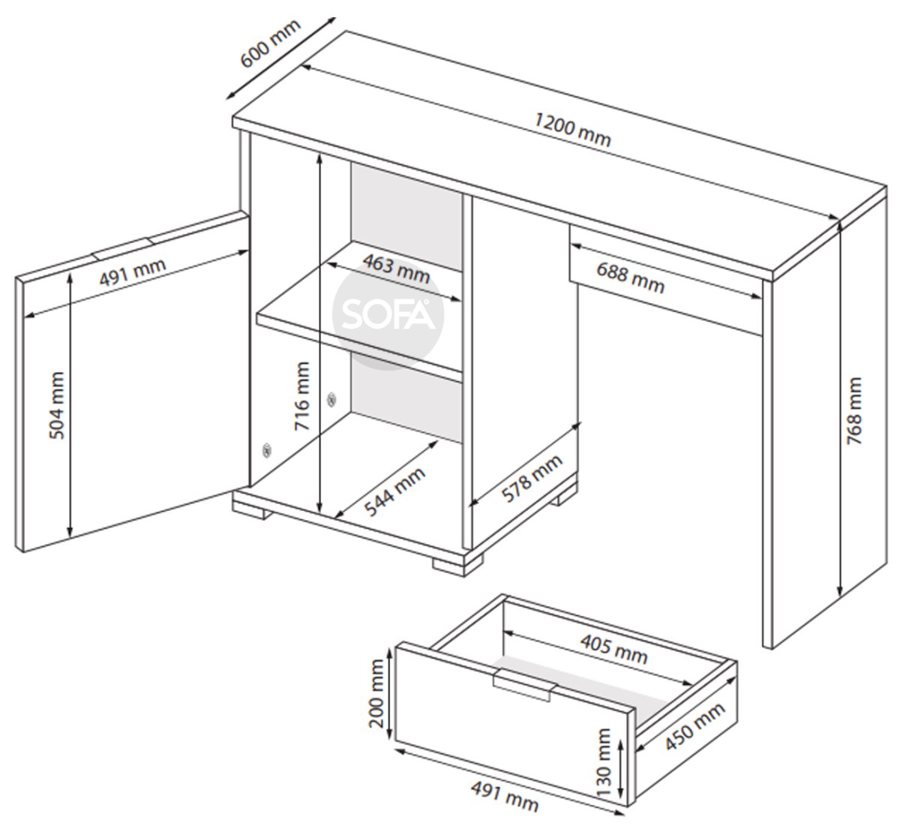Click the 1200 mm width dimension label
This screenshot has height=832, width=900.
572,130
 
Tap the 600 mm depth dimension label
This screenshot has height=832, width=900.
270,44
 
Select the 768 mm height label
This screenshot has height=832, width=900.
854,411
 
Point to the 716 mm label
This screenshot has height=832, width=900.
301,396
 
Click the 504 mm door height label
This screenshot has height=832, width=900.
57,405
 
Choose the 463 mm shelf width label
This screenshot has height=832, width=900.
397,269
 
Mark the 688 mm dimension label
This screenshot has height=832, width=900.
630,278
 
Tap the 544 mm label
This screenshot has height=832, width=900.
395,492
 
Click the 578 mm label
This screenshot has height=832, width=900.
532,479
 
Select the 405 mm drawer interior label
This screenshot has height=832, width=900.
613,649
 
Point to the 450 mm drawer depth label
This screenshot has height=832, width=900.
694,726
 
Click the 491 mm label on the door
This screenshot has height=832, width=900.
132,272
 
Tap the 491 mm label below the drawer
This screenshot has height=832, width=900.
505,796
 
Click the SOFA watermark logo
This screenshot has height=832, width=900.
388,314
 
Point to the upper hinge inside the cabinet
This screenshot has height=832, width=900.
331,399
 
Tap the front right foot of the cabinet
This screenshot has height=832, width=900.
457,566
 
